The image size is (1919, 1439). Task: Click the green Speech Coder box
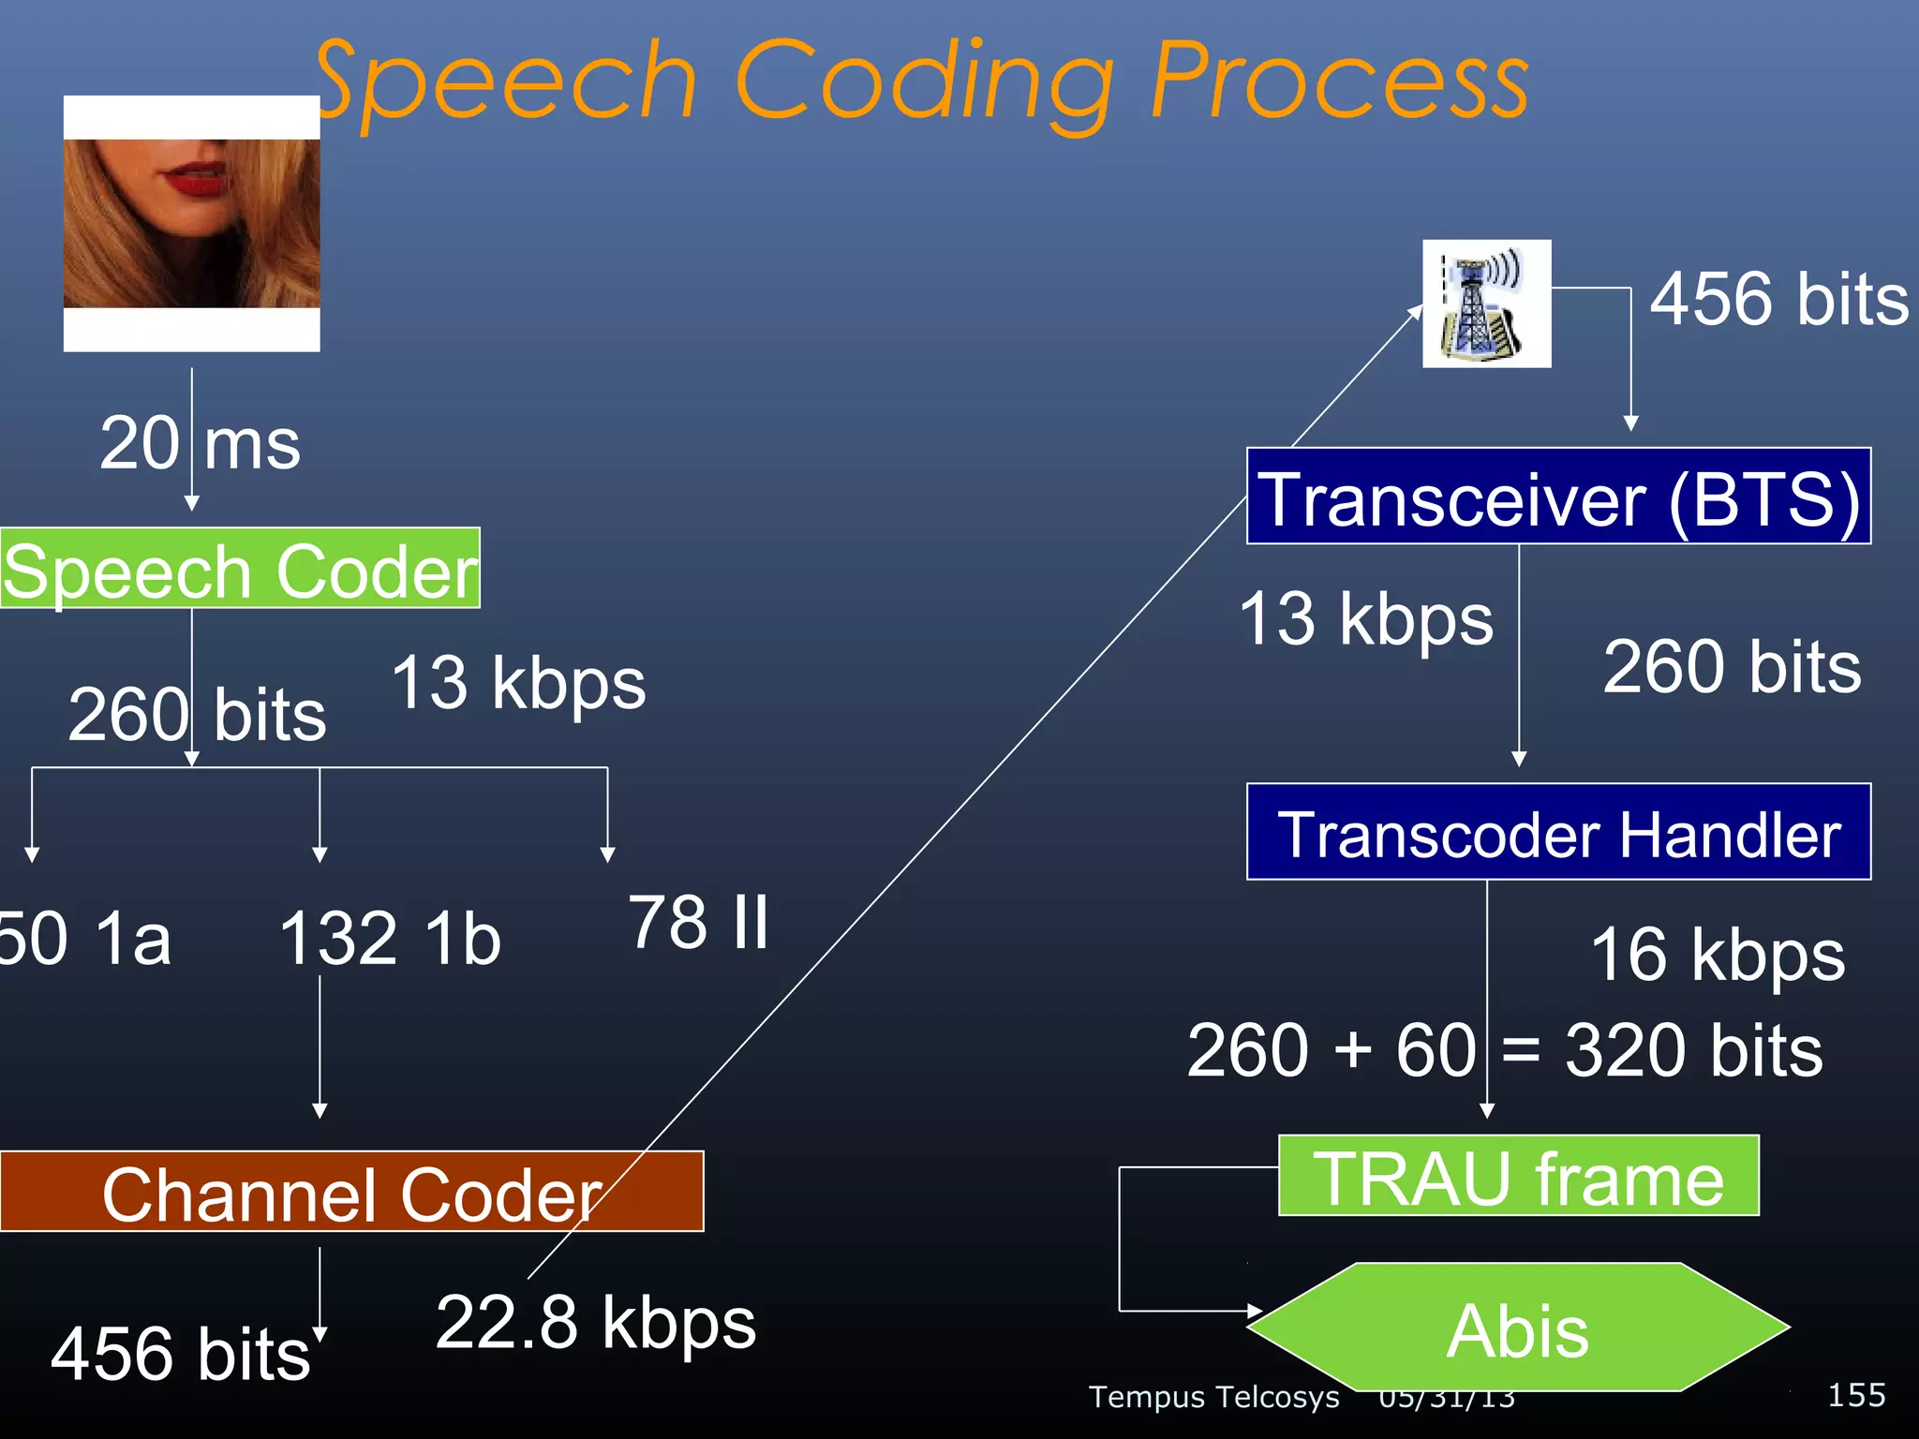(x=240, y=569)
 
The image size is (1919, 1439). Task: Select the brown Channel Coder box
(x=351, y=1192)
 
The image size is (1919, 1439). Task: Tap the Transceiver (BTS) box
(x=1558, y=497)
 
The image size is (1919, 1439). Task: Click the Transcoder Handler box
(x=1558, y=832)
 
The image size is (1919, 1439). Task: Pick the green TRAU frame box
(x=1518, y=1177)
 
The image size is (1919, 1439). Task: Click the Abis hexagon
(x=1518, y=1328)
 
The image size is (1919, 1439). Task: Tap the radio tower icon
(x=1486, y=304)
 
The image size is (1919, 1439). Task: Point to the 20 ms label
(x=200, y=443)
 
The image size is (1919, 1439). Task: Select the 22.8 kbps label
(x=596, y=1323)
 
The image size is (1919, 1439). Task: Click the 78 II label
(x=699, y=922)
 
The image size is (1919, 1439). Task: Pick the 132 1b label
(x=390, y=939)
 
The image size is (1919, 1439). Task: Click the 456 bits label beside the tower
(x=1778, y=300)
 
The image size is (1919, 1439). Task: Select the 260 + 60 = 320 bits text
(x=1505, y=1051)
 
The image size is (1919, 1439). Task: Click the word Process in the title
(x=1340, y=82)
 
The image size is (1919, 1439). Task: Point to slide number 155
(x=1856, y=1395)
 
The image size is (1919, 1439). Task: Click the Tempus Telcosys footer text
(x=1213, y=1397)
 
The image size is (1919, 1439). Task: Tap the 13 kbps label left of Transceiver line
(x=1365, y=619)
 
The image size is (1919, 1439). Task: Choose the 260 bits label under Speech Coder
(x=198, y=715)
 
